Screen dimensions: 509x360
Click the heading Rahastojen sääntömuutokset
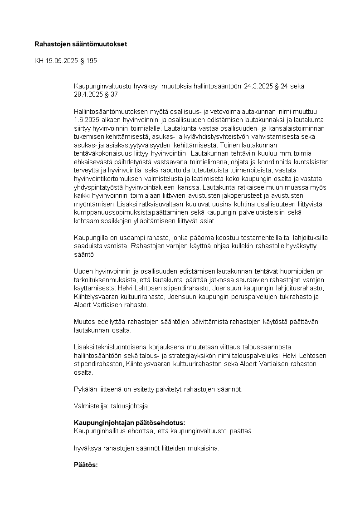[81, 44]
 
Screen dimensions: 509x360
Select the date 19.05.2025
[61, 61]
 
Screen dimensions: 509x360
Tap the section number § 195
[88, 61]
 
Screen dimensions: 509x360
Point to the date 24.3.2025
[258, 86]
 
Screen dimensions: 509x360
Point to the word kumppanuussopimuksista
[107, 212]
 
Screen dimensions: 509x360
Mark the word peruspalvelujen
[241, 297]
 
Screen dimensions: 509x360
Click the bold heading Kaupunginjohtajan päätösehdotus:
[130, 423]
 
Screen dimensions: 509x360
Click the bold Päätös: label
[86, 465]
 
